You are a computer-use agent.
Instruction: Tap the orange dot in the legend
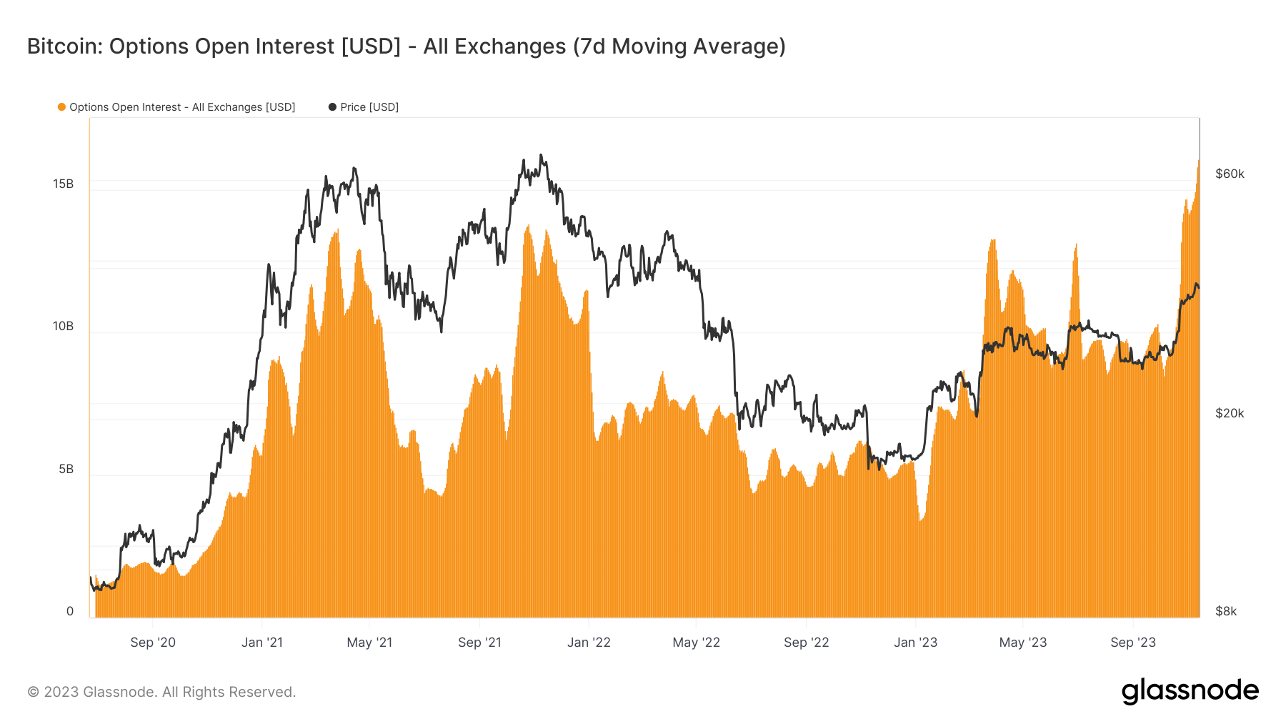pyautogui.click(x=61, y=107)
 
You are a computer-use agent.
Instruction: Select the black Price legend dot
pyautogui.click(x=332, y=107)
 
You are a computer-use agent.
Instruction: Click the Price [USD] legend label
pyautogui.click(x=369, y=107)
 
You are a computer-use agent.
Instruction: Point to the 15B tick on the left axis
pyautogui.click(x=63, y=184)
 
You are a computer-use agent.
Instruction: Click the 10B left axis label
pyautogui.click(x=63, y=326)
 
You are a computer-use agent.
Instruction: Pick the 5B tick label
pyautogui.click(x=66, y=469)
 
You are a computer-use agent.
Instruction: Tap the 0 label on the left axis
pyautogui.click(x=70, y=611)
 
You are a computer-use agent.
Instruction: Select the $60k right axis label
pyautogui.click(x=1230, y=174)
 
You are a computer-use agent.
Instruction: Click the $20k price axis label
pyautogui.click(x=1230, y=413)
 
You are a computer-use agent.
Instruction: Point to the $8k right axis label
pyautogui.click(x=1226, y=611)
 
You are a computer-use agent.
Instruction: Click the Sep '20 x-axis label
pyautogui.click(x=153, y=643)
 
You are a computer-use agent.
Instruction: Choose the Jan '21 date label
pyautogui.click(x=262, y=643)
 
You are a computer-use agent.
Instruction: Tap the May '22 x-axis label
pyautogui.click(x=697, y=643)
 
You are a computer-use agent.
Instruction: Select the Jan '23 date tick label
pyautogui.click(x=915, y=643)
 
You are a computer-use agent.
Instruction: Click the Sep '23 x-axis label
pyautogui.click(x=1133, y=643)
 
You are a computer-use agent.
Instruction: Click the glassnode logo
pyautogui.click(x=1190, y=691)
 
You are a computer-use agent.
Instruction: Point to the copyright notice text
pyautogui.click(x=161, y=692)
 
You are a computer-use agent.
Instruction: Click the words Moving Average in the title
pyautogui.click(x=698, y=46)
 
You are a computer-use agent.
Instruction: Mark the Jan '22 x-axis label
pyautogui.click(x=589, y=643)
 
